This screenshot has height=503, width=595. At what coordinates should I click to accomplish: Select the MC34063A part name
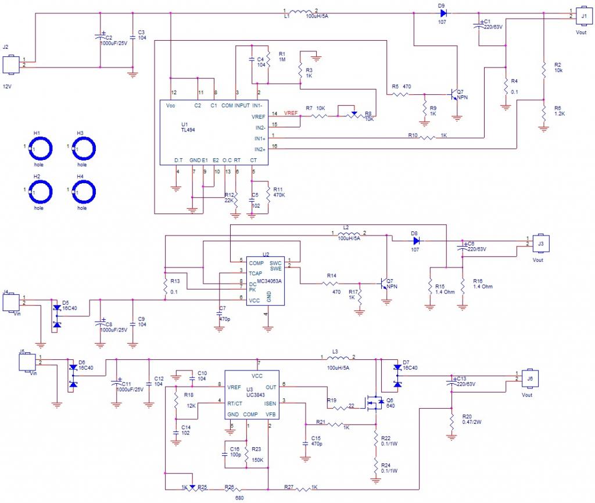pos(269,280)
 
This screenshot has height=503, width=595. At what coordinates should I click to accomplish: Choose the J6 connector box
pos(529,377)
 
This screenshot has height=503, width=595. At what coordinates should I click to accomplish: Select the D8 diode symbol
pos(415,240)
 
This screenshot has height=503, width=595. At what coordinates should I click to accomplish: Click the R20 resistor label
pos(467,417)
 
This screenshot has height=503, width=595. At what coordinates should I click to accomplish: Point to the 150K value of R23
pos(257,460)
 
